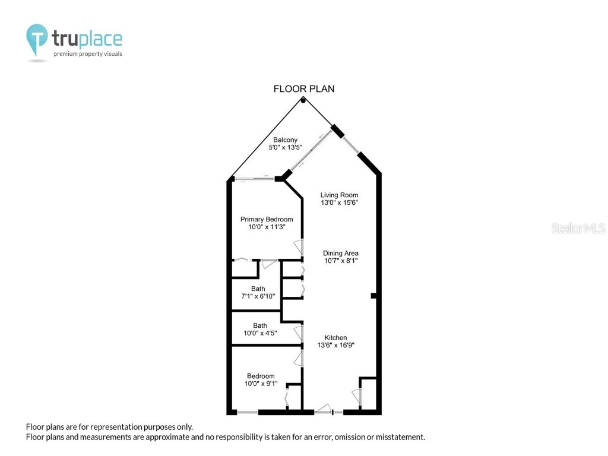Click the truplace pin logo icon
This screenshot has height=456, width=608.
pos(37,39)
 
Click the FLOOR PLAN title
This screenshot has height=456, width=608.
pos(303,89)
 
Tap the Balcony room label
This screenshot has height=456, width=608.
pos(286,140)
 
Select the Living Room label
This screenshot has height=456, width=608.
pos(339,195)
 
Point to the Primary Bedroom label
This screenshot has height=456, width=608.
pos(267,219)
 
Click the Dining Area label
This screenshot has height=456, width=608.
pos(341,254)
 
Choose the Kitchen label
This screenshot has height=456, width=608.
pos(335,338)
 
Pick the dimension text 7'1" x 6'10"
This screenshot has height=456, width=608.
pos(258,296)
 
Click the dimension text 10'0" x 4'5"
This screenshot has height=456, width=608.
pos(260,333)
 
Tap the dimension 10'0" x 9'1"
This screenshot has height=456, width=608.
pos(261,384)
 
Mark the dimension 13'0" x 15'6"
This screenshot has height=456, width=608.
pos(339,202)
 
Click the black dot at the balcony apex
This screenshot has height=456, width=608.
pos(303,100)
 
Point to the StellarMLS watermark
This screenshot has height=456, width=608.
pos(578,228)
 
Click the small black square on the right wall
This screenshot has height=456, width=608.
pos(373,295)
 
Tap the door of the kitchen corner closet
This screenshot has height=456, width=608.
pos(356,396)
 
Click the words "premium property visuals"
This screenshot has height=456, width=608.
pos(88,54)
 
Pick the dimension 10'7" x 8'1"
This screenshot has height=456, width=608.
pos(341,261)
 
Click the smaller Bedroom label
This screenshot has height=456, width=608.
pos(261,376)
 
